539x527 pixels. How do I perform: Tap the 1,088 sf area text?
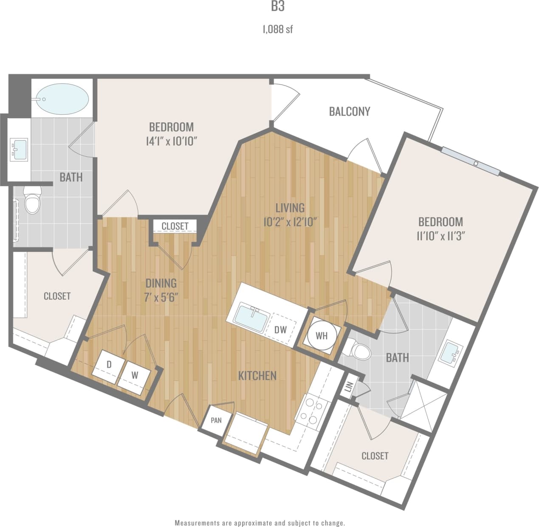pos(277,29)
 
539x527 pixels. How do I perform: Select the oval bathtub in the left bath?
pos(62,97)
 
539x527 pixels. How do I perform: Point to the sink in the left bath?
pos(20,149)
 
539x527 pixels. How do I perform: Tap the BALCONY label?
pos(350,111)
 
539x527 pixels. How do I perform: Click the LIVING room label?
pos(290,208)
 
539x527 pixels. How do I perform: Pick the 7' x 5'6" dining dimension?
pos(161,297)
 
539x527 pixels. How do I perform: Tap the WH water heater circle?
pos(322,335)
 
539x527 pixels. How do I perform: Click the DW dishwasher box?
pos(280,329)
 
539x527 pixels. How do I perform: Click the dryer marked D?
pos(109,364)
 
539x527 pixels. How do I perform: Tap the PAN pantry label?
pos(216,420)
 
